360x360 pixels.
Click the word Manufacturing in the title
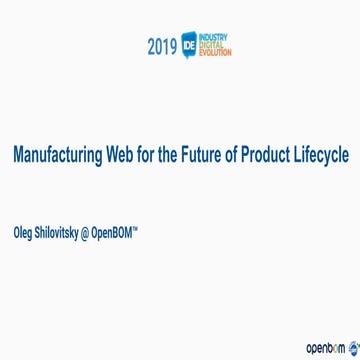55,157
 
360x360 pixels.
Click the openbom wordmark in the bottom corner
326,347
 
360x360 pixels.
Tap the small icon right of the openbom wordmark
353,346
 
